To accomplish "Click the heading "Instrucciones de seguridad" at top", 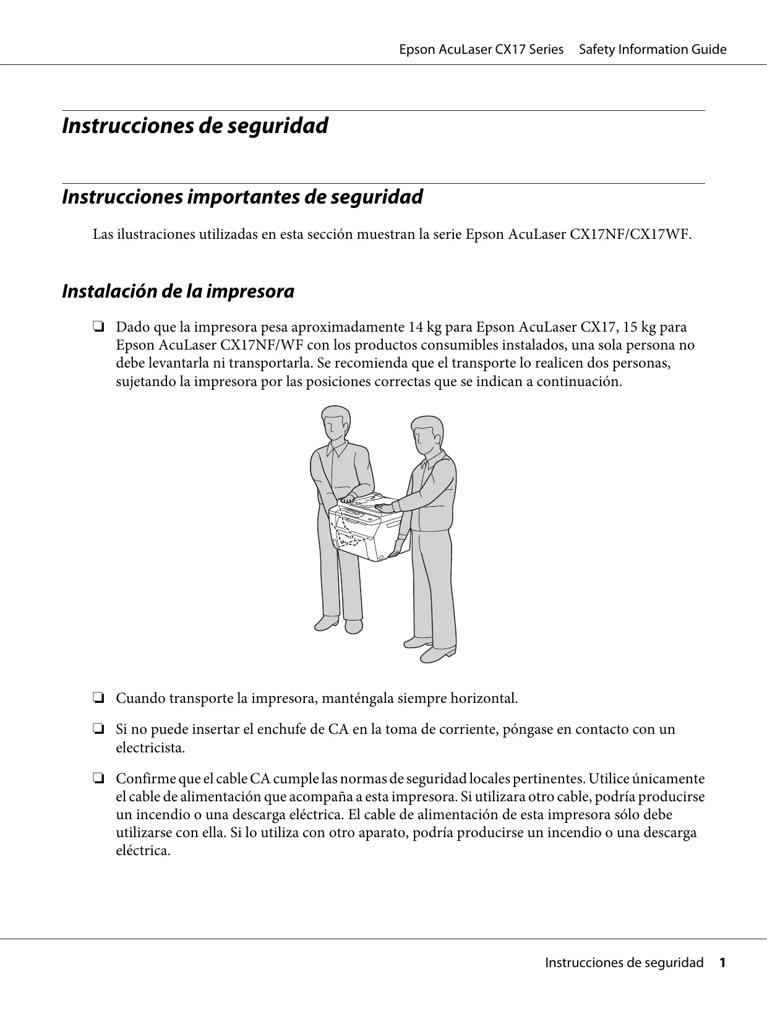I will click(x=195, y=126).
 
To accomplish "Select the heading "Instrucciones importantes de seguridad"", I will click(x=242, y=197).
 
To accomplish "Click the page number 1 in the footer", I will click(x=721, y=963).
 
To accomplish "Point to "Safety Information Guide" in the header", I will click(x=653, y=49).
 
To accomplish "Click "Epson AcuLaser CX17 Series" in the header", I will click(x=481, y=49).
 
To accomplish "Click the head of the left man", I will click(x=335, y=423).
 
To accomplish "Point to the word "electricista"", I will click(x=150, y=747).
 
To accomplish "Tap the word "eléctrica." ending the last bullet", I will click(x=143, y=850).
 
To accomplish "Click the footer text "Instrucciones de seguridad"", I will click(x=623, y=963).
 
